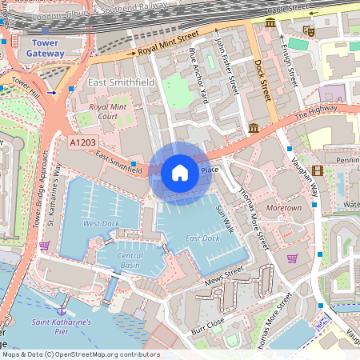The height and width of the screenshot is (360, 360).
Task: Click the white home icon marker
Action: point(180,172)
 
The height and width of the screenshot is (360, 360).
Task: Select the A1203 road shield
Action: point(84,142)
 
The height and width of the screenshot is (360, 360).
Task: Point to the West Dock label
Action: point(102,224)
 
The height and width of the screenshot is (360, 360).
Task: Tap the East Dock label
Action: point(203,239)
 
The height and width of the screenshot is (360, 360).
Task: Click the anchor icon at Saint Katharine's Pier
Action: point(62,308)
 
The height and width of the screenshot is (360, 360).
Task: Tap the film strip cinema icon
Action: point(318,170)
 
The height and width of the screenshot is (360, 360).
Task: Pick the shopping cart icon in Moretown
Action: point(292,258)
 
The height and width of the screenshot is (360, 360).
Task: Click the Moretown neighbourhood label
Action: point(284,208)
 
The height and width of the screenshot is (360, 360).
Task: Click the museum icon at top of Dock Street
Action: point(270,24)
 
